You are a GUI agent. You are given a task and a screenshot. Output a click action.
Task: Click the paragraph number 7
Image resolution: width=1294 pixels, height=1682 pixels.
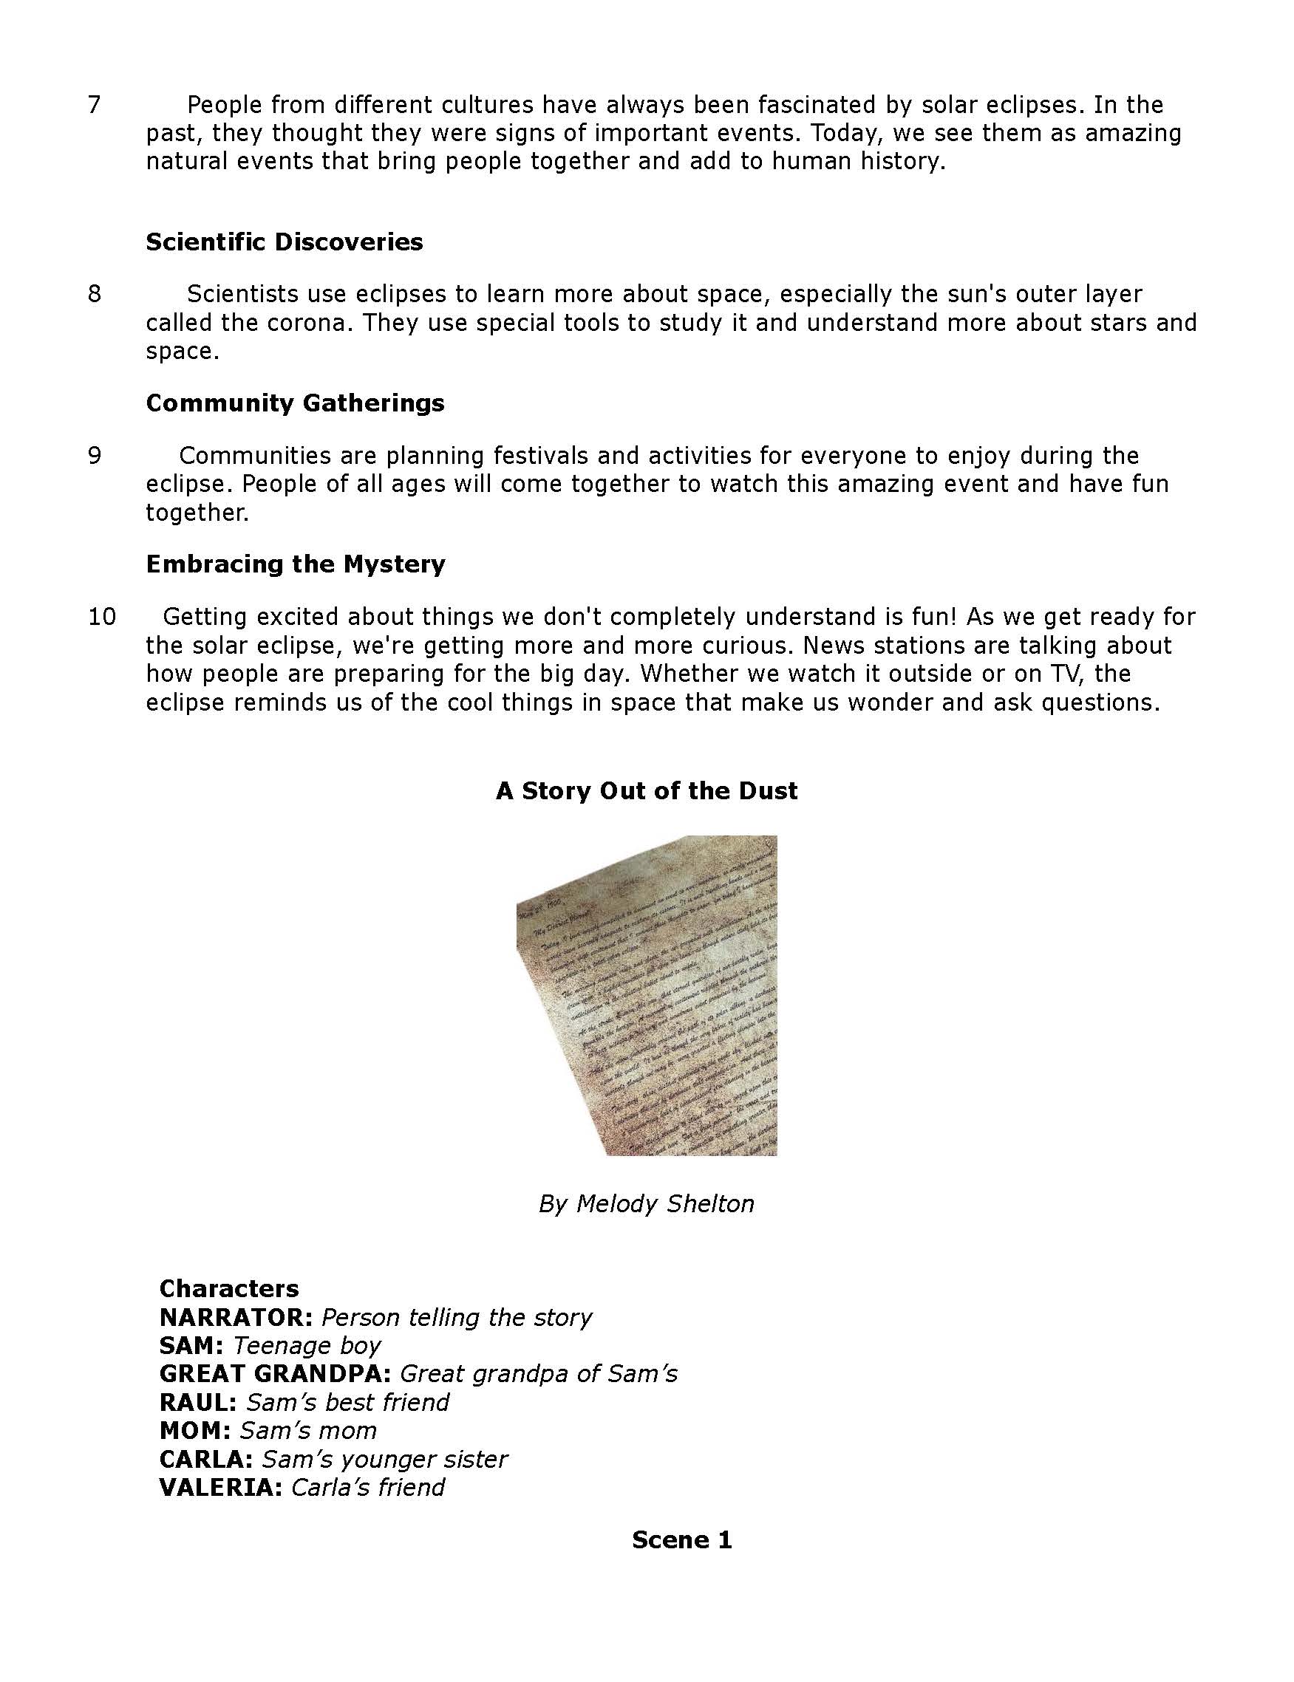(94, 105)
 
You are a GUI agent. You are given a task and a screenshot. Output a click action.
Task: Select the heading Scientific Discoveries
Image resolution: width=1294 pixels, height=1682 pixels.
(285, 242)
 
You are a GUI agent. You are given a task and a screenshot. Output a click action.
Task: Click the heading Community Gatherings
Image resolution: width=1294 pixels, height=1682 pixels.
(295, 403)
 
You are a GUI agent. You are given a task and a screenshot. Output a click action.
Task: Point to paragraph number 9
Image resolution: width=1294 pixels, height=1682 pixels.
(94, 456)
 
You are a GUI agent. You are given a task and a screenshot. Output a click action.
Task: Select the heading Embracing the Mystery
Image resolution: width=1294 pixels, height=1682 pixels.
(296, 564)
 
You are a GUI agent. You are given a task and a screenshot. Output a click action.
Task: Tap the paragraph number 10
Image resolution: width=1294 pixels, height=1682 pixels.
(102, 617)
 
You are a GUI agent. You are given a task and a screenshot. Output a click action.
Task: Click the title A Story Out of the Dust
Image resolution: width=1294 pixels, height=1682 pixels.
(646, 790)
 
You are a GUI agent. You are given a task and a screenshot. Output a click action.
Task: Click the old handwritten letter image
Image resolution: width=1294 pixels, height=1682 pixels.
(646, 995)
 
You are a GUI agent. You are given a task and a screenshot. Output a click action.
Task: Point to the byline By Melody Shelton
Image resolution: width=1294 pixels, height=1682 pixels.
(646, 1203)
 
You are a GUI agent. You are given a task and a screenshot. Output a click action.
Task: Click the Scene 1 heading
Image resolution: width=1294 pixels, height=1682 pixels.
(681, 1539)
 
